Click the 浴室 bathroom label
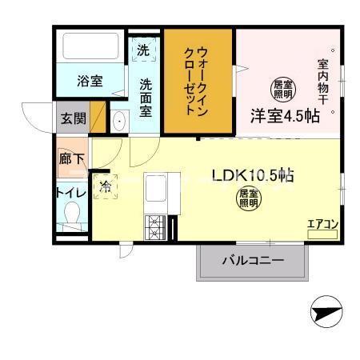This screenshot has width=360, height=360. pyautogui.click(x=90, y=80)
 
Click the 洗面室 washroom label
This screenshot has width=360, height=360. pyautogui.click(x=146, y=98)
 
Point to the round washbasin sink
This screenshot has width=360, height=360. pyautogui.click(x=120, y=122)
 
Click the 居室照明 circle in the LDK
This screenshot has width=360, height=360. pyautogui.click(x=247, y=198)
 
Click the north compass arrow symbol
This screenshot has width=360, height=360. pyautogui.click(x=326, y=311)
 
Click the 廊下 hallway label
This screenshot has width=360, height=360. pyautogui.click(x=71, y=158)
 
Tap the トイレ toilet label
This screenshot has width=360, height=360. pyautogui.click(x=71, y=192)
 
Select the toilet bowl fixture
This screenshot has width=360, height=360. pyautogui.click(x=73, y=216)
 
